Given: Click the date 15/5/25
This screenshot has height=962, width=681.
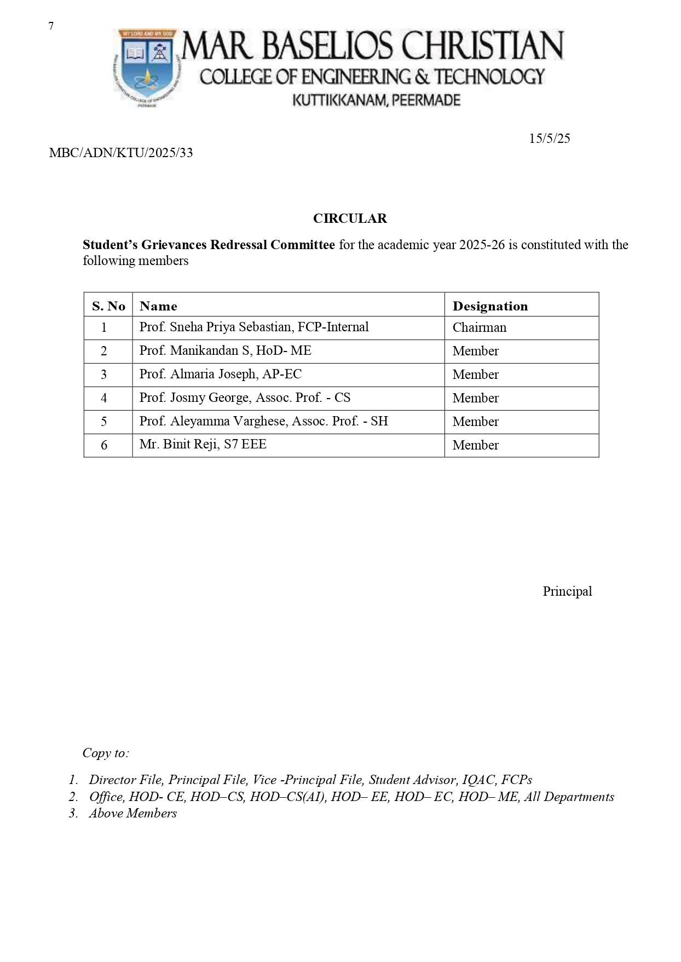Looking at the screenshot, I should [549, 139].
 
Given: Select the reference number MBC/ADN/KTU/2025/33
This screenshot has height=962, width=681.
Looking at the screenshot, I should [121, 153].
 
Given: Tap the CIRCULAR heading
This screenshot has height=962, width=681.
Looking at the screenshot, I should [350, 218].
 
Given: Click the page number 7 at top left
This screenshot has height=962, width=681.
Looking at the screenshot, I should [51, 26].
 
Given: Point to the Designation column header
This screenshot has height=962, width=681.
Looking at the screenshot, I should [490, 306].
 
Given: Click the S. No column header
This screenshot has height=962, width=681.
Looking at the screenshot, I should [108, 306].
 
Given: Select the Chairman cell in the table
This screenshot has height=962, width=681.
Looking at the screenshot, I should [480, 327].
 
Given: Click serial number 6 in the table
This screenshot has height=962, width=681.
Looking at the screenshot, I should [104, 445].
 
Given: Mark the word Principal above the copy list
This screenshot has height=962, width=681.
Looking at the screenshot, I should [567, 591].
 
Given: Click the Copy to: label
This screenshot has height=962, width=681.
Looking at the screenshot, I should [106, 753].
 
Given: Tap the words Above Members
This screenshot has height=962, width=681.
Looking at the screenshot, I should [133, 813].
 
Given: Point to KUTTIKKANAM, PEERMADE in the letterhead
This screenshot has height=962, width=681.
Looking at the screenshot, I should [377, 100].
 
